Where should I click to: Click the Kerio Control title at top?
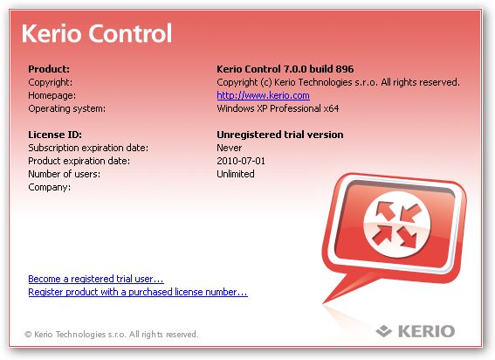97,33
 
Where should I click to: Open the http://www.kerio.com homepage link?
263,95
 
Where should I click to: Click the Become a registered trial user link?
96,279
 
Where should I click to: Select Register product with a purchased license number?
138,292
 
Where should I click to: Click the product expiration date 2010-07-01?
241,161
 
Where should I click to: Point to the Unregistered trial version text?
280,135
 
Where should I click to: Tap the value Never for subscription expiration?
230,148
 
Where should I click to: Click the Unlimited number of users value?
236,174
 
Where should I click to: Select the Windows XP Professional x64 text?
278,108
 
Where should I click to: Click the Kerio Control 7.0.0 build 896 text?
285,69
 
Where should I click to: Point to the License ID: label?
55,135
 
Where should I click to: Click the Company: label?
50,188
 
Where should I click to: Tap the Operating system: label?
67,108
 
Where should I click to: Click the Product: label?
49,69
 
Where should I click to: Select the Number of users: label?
64,174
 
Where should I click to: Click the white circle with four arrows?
397,224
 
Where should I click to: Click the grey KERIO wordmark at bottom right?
427,331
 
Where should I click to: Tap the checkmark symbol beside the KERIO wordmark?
384,330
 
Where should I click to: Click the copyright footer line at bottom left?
112,334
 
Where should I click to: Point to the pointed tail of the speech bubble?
324,302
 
